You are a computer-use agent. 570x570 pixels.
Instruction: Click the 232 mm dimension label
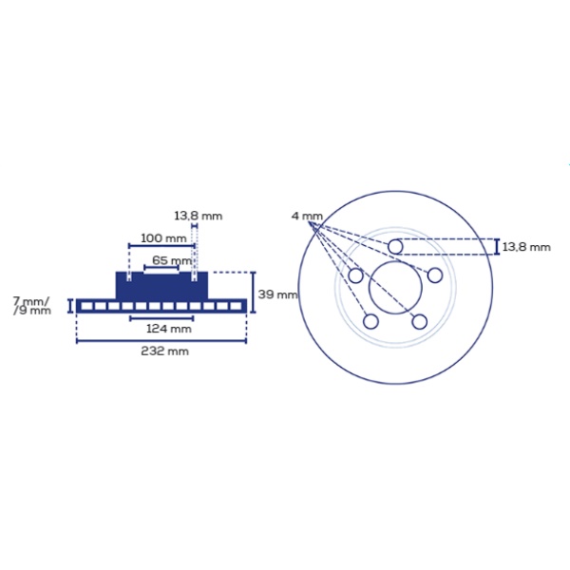164,351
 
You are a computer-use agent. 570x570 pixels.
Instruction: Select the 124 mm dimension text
169,329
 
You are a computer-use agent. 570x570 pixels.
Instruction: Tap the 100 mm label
163,238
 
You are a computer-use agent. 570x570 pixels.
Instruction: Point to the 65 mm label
172,260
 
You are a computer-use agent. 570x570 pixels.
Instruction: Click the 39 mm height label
277,294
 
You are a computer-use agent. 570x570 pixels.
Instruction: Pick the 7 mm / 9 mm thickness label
31,306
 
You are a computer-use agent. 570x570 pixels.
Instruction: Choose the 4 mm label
307,216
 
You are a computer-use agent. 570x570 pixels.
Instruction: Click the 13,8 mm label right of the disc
526,247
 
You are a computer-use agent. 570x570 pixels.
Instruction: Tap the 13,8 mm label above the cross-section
199,216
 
